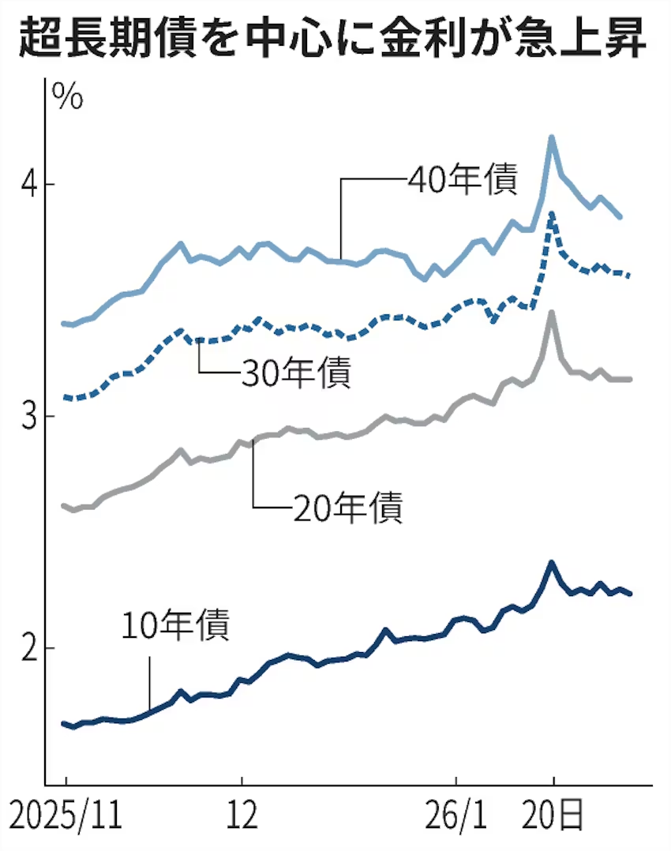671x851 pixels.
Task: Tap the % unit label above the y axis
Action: (x=67, y=96)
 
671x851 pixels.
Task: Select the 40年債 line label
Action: (x=463, y=180)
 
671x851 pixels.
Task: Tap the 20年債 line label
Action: (x=347, y=506)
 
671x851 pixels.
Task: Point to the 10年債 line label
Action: (x=175, y=625)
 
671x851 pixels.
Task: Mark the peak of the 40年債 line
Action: (x=553, y=137)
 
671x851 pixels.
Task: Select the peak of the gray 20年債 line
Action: (x=553, y=313)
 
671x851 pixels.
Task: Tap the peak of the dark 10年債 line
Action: (x=553, y=563)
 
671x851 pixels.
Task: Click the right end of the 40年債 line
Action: (x=620, y=216)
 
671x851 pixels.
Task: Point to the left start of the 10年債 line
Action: (x=63, y=723)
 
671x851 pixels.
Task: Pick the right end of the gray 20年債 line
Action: (x=630, y=380)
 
